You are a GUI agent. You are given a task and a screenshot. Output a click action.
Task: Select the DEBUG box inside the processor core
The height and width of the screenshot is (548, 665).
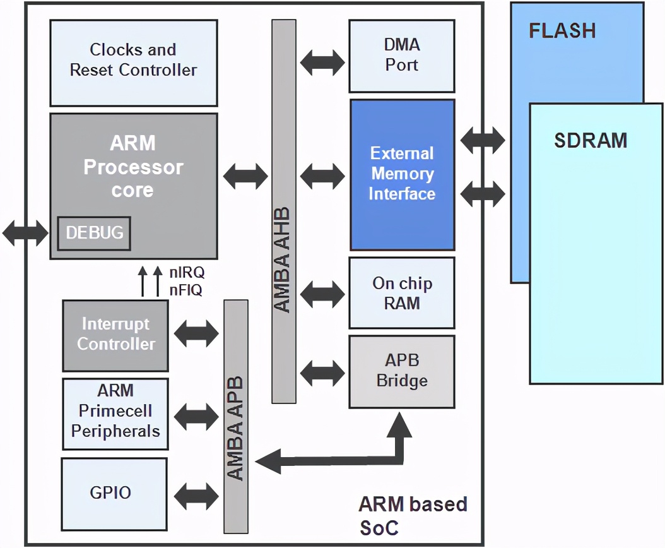[95, 233]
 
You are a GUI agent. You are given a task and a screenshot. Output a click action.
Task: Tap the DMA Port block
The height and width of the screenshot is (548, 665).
[401, 56]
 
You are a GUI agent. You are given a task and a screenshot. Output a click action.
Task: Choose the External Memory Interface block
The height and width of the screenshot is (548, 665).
[402, 174]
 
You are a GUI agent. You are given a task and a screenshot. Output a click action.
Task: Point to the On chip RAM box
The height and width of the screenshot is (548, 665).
[402, 293]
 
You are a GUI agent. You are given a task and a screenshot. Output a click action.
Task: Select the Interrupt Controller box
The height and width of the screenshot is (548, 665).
[115, 334]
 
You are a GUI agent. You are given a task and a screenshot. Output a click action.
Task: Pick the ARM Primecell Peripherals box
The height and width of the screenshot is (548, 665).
[115, 411]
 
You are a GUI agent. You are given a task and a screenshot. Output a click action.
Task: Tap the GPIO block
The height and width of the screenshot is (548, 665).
[114, 492]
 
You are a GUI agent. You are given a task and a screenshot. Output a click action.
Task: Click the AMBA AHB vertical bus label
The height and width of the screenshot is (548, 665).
[283, 259]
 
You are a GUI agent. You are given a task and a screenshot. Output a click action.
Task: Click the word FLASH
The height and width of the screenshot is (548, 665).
[562, 30]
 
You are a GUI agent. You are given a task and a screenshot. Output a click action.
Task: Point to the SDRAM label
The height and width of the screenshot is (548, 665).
[591, 140]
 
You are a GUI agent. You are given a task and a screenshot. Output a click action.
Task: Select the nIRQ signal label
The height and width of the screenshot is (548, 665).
[187, 274]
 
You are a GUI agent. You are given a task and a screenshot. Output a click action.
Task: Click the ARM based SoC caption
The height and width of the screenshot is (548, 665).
[413, 515]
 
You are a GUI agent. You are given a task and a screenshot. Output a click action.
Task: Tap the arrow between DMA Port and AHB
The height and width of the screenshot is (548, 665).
[322, 62]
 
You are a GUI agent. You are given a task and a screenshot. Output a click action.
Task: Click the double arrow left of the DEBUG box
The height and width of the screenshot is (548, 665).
[25, 234]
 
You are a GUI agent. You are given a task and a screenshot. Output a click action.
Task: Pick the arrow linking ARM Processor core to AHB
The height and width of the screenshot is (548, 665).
[245, 175]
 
